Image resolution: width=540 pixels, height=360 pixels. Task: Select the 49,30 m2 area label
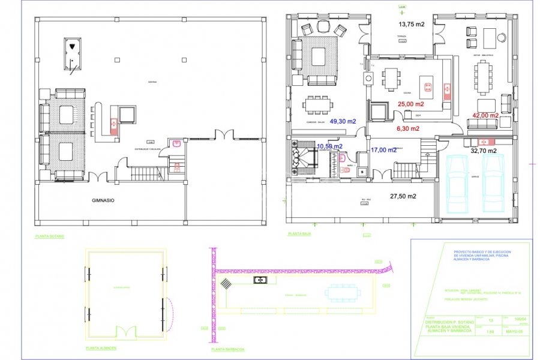pyautogui.click(x=343, y=121)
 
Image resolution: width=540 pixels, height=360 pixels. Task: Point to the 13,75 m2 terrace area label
pyautogui.click(x=412, y=25)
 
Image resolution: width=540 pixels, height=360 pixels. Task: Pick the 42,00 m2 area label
pyautogui.click(x=485, y=115)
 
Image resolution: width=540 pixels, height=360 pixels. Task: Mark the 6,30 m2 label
pyautogui.click(x=407, y=128)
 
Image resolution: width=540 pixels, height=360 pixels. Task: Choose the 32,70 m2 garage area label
pyautogui.click(x=483, y=151)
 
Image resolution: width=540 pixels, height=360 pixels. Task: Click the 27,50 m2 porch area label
pyautogui.click(x=403, y=196)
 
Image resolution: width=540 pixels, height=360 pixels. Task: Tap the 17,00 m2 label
pyautogui.click(x=383, y=150)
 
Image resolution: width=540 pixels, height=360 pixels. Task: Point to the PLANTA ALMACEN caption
pyautogui.click(x=101, y=348)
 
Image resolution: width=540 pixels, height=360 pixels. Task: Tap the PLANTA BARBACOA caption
pyautogui.click(x=227, y=349)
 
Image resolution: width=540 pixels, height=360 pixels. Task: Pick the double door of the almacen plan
pyautogui.click(x=127, y=331)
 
